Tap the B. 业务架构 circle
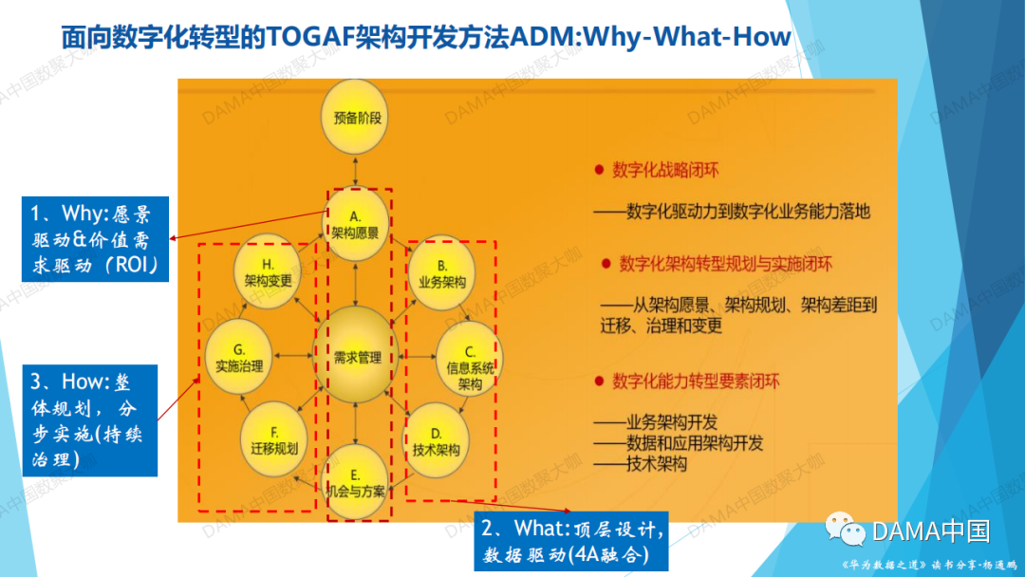[x=441, y=273]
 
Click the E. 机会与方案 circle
[x=355, y=483]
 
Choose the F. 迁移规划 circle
[x=274, y=440]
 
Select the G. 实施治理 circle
[x=239, y=358]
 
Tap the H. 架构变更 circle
[x=268, y=272]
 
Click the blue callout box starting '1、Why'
[x=95, y=238]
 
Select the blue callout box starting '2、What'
[x=569, y=542]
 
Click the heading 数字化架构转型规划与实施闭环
[x=726, y=263]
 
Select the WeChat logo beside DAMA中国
[x=844, y=530]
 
